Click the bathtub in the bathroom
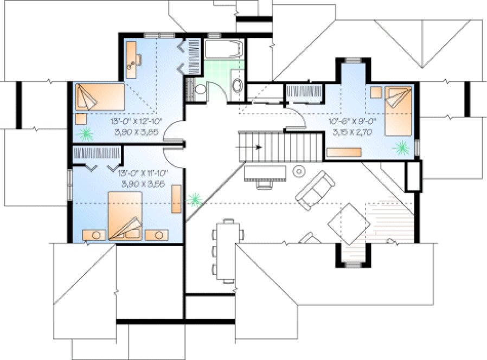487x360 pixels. click(223, 51)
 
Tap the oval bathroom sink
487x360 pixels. click(237, 85)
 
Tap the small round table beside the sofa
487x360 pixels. click(299, 172)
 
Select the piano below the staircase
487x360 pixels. click(265, 173)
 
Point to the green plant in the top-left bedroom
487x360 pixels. click(84, 134)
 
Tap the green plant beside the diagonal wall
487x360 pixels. click(194, 200)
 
